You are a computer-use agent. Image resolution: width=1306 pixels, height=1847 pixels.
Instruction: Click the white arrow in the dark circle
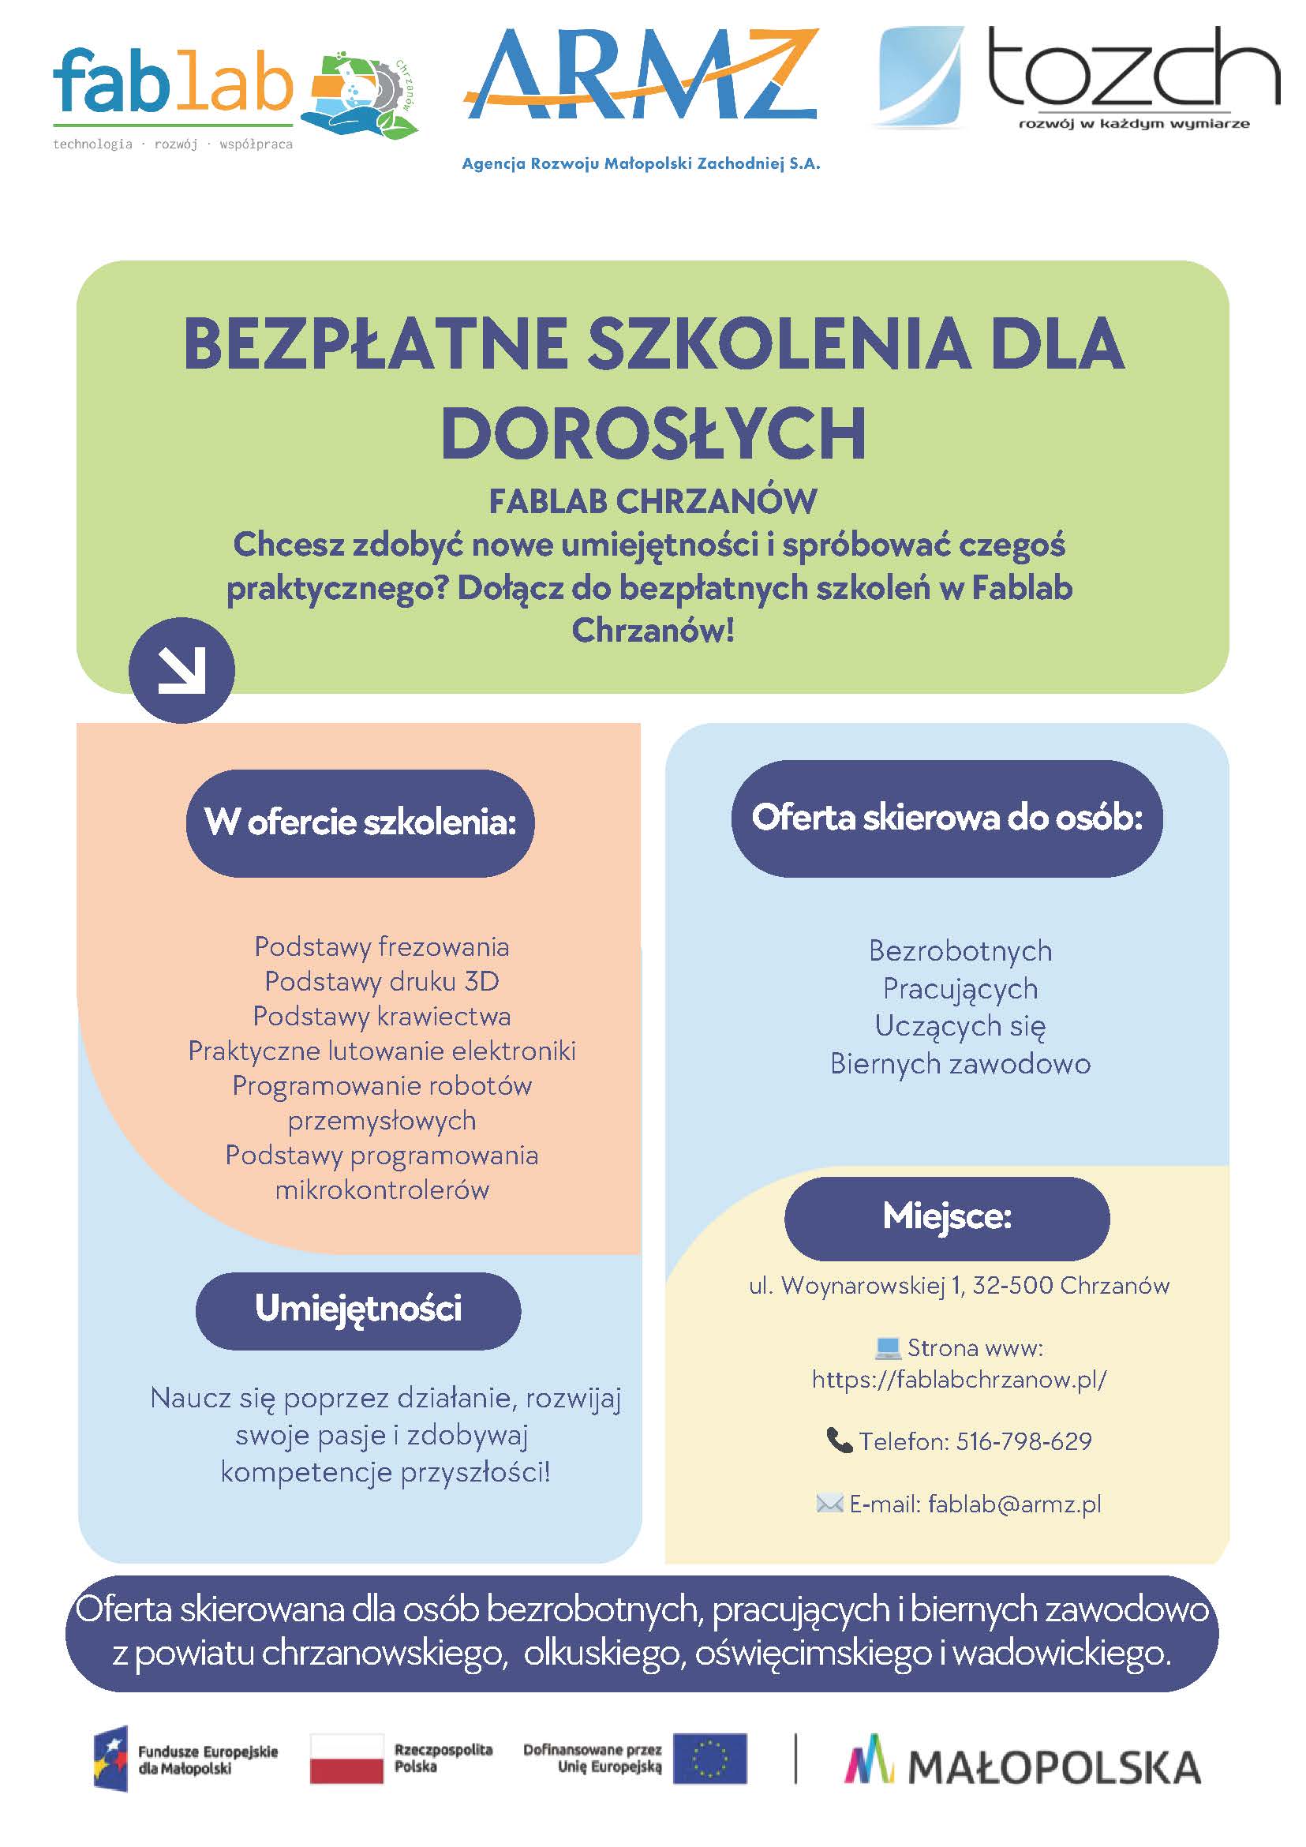point(181,669)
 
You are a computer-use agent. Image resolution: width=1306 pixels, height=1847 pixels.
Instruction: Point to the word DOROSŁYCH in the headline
point(653,433)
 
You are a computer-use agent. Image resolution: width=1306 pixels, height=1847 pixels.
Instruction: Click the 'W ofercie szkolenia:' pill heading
point(361,822)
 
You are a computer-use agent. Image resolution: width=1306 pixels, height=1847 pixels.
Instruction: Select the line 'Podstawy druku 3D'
point(382,981)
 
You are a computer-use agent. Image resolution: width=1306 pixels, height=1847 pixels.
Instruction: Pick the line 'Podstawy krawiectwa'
point(382,1016)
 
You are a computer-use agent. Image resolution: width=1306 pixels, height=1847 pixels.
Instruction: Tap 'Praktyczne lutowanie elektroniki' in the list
point(382,1051)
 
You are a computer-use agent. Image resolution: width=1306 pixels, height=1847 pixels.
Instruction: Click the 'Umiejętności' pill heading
point(359,1309)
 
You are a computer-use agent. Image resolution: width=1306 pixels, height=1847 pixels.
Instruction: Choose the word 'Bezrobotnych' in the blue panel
point(960,951)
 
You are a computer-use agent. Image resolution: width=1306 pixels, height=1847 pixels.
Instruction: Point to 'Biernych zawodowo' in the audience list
point(960,1063)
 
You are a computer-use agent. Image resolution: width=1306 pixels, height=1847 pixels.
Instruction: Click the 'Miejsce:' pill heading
point(946,1216)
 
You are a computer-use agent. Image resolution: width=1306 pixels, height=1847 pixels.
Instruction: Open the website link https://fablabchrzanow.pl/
point(959,1380)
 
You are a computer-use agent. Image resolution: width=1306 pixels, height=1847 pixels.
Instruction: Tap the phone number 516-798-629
point(1023,1441)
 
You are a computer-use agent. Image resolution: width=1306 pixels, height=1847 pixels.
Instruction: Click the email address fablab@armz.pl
point(1014,1504)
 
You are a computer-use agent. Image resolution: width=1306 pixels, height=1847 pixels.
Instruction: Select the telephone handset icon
point(839,1440)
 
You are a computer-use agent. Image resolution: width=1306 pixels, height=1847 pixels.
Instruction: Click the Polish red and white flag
point(346,1759)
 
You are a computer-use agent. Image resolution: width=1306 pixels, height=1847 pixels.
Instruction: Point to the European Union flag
point(710,1759)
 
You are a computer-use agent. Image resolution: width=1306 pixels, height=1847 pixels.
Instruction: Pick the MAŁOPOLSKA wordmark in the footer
point(1053,1768)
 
